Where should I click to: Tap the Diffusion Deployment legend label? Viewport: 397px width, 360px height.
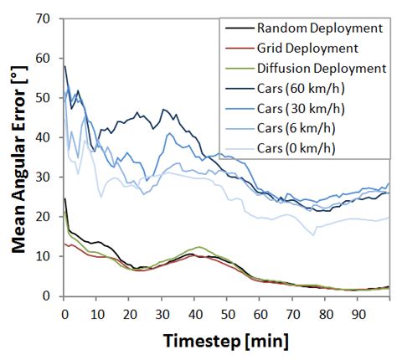(x=322, y=68)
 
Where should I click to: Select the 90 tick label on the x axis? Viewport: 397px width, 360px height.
(x=357, y=311)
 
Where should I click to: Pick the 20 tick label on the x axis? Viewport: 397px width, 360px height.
(x=130, y=311)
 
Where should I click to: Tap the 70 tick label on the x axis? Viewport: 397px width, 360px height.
(x=291, y=311)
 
